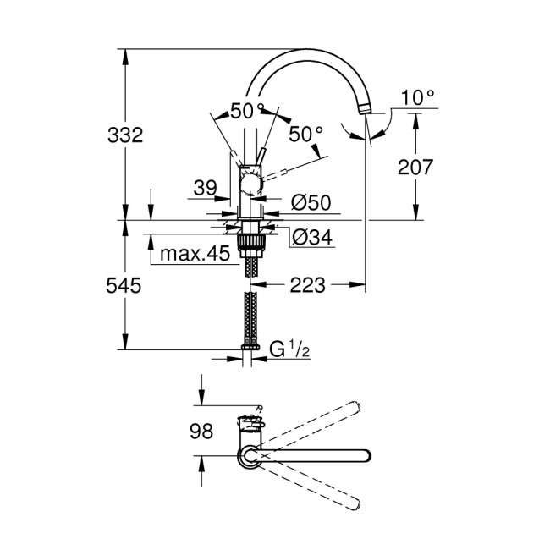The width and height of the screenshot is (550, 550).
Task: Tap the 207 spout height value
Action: pos(415,167)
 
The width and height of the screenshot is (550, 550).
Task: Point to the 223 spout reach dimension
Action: pos(307,285)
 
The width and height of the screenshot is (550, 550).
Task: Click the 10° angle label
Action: pos(417,98)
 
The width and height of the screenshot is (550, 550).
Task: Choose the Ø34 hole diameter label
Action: pos(311,238)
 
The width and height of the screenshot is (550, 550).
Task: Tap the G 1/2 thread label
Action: pos(288,349)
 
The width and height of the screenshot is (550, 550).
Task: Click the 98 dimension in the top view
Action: pos(201,432)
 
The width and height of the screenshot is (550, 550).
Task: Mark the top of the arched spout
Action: pos(305,52)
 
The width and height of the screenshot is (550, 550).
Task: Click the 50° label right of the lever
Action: pos(306,133)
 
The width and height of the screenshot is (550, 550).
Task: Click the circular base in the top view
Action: pos(250,458)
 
